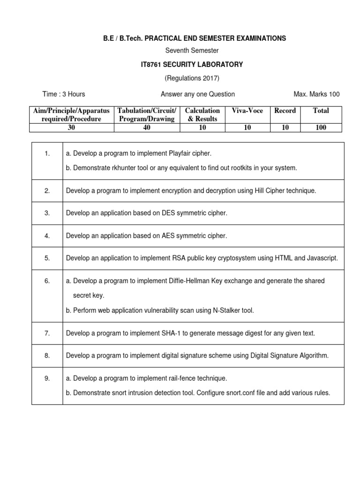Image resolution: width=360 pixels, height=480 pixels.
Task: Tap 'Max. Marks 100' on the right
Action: (x=316, y=94)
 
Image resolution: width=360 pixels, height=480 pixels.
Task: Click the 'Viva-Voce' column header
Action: (x=247, y=111)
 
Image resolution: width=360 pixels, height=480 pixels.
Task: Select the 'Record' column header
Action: (x=285, y=111)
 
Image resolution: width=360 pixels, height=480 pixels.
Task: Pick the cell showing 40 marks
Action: (x=147, y=127)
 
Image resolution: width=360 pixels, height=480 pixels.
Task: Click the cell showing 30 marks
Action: (x=71, y=127)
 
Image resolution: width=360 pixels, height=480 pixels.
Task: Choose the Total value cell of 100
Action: (x=321, y=127)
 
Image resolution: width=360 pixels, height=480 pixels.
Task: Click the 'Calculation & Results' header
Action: (x=202, y=114)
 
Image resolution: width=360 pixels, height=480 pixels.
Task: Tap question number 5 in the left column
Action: (x=47, y=258)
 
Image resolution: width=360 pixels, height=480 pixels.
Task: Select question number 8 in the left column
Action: (x=47, y=356)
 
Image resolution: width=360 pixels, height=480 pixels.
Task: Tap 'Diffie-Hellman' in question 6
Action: (x=178, y=281)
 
